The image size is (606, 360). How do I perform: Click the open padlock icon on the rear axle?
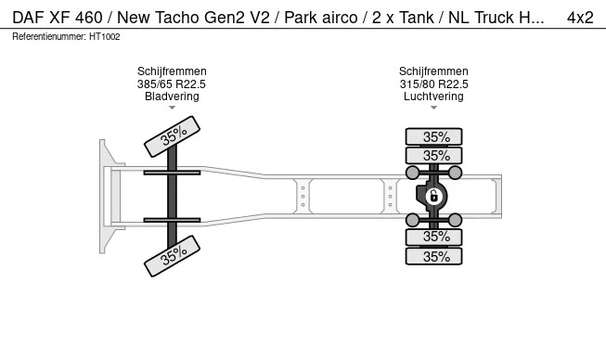433,197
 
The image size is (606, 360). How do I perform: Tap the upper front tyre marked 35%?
172,136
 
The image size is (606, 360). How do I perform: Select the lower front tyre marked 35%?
172,256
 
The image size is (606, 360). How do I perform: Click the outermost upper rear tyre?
433,136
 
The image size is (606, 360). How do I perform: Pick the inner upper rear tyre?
433,156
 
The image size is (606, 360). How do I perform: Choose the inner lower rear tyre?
433,237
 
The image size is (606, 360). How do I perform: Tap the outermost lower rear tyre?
433,256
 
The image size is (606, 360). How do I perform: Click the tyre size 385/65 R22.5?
172,84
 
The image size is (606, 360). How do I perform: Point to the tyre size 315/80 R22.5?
433,84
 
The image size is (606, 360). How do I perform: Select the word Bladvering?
172,96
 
